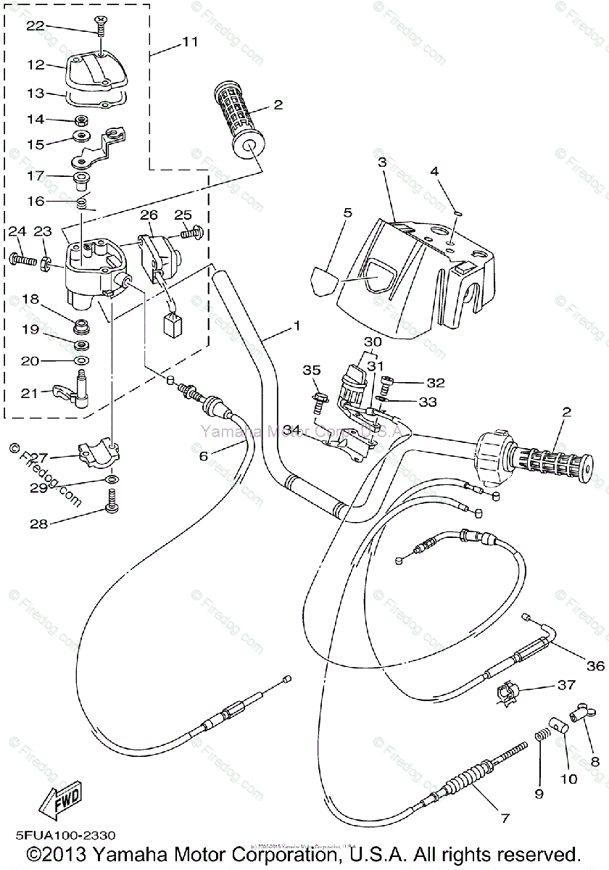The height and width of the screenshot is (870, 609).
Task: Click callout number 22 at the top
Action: pyautogui.click(x=35, y=25)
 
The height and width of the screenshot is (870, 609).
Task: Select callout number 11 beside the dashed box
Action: pyautogui.click(x=189, y=42)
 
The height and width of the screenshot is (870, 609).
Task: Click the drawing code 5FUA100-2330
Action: pyautogui.click(x=61, y=836)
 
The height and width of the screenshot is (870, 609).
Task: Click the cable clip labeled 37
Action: pyautogui.click(x=507, y=695)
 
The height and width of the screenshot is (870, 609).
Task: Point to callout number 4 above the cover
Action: pyautogui.click(x=434, y=171)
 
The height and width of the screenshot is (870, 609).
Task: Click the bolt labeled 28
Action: pyautogui.click(x=111, y=500)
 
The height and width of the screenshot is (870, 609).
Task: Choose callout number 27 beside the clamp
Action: pyautogui.click(x=38, y=457)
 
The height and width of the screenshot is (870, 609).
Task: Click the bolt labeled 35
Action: pyautogui.click(x=318, y=397)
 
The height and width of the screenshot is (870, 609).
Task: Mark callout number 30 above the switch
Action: pyautogui.click(x=372, y=341)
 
